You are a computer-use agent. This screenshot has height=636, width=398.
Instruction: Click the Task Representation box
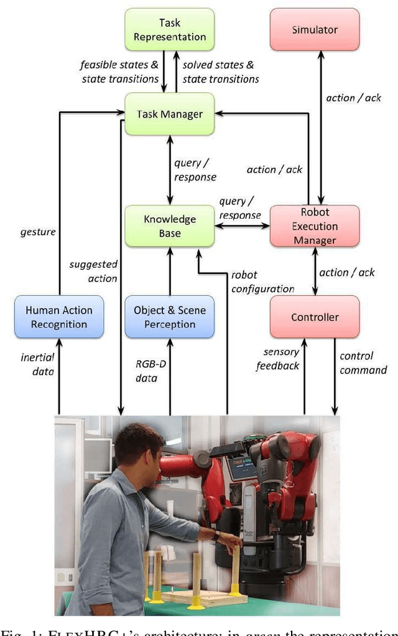tap(169, 30)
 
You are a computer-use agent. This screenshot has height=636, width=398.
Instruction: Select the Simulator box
tap(315, 30)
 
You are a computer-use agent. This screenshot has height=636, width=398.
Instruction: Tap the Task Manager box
tap(169, 114)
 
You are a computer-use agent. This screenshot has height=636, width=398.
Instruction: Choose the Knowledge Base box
tap(169, 226)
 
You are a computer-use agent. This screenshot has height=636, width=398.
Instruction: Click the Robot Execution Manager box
tap(315, 226)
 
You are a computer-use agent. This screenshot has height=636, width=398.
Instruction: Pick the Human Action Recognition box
tap(58, 317)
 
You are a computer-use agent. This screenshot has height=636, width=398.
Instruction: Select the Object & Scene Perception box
tap(169, 317)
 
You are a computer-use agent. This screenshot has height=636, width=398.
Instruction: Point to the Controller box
tap(315, 317)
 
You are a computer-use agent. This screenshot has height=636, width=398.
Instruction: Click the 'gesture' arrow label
tap(37, 232)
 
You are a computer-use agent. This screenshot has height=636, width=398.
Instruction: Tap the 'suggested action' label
tap(93, 271)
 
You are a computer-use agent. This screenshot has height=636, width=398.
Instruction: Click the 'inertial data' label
tap(38, 365)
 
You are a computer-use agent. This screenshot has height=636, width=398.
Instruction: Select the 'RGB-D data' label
tap(147, 371)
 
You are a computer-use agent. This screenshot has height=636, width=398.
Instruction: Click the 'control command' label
tap(363, 363)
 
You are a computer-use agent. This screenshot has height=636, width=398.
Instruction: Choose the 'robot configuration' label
tap(262, 281)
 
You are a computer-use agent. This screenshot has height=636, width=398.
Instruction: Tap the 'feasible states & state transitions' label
tap(119, 71)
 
